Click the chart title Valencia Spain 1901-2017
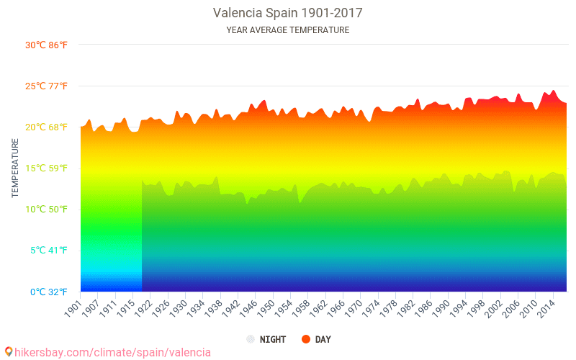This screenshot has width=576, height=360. (x=287, y=13)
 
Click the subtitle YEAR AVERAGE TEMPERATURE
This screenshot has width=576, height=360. (x=287, y=30)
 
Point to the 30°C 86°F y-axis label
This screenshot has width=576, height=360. (x=46, y=45)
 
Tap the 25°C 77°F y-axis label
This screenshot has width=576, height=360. (x=46, y=86)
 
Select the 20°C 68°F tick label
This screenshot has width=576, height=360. (x=46, y=127)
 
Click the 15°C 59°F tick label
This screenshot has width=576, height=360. (x=46, y=168)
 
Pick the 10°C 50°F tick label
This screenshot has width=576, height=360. (x=46, y=210)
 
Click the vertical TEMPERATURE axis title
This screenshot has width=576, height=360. (x=15, y=168)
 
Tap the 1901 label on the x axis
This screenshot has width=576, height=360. (x=73, y=306)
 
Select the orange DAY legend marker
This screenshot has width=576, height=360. (x=306, y=339)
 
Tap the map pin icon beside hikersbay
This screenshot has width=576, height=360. (x=9, y=352)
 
